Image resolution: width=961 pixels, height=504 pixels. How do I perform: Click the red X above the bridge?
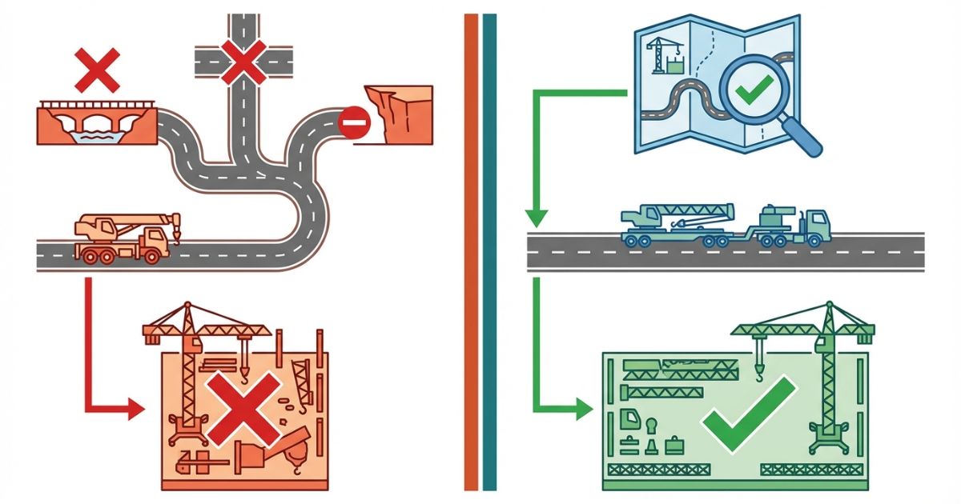pos(97,69)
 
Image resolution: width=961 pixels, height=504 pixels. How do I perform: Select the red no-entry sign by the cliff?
pos(352,125)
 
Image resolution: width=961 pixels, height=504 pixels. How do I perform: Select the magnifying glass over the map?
pos(757,94)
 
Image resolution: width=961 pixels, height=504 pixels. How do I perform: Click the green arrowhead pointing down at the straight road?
pos(536,217)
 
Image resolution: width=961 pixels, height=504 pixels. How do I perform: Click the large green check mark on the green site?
pos(748,411)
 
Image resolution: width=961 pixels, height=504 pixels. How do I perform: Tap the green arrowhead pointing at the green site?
pos(582,410)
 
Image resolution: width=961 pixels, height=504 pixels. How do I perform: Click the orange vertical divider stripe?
pos(471,252)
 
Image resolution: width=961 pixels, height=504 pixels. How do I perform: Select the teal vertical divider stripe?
pos(489,252)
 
